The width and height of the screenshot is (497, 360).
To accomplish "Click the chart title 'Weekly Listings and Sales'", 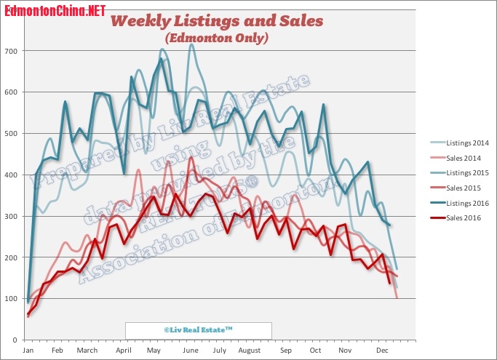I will [216, 20].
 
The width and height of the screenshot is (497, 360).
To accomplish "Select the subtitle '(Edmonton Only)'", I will [216, 37].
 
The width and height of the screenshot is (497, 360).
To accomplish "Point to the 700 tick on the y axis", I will [13, 51].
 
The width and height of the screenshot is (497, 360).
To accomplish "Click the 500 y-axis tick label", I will [13, 134].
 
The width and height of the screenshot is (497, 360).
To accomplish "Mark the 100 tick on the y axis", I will [13, 299].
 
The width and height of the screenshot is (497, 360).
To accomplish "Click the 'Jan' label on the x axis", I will [28, 351].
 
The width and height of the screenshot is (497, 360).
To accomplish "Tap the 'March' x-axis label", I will [87, 351].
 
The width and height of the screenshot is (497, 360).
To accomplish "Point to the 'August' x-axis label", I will [249, 351].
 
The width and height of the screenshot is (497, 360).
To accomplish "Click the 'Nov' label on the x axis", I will [346, 351].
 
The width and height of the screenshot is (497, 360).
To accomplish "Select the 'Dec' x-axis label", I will [379, 351].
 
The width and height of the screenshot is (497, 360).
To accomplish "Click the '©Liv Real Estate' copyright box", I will [198, 329].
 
